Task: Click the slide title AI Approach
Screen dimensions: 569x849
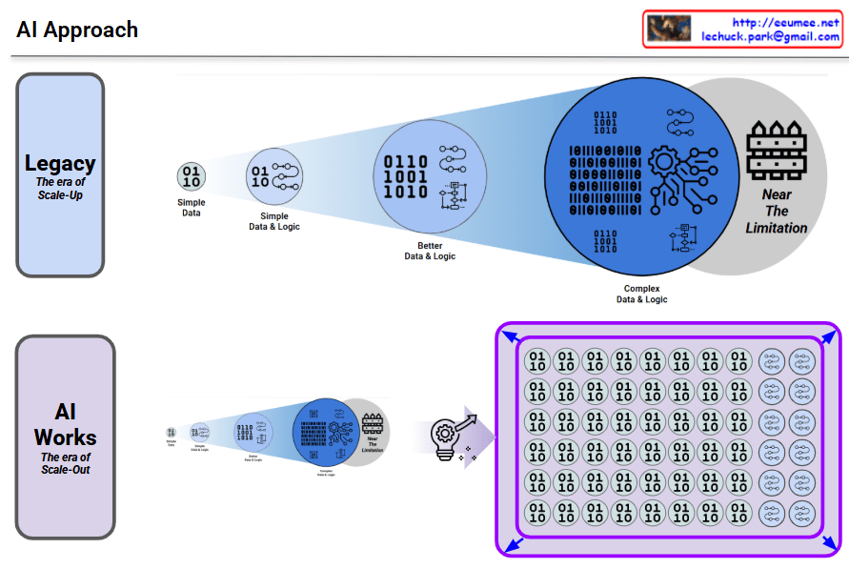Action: [77, 30]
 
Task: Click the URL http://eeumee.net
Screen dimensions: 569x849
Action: [785, 22]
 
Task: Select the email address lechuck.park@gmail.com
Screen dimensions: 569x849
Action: [770, 36]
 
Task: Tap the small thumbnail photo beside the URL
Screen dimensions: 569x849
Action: [669, 29]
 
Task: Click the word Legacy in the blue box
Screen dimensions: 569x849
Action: [60, 163]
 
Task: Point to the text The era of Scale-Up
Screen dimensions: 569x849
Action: [60, 189]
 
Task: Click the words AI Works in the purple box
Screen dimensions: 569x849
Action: [65, 425]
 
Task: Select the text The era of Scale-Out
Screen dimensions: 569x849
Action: [65, 463]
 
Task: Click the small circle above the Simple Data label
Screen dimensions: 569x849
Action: [191, 176]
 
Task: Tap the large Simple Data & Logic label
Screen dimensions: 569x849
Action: [273, 221]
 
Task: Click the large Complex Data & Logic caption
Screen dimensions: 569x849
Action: [641, 294]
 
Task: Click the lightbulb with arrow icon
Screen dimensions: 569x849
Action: [448, 440]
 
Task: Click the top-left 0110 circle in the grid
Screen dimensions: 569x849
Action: [537, 362]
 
